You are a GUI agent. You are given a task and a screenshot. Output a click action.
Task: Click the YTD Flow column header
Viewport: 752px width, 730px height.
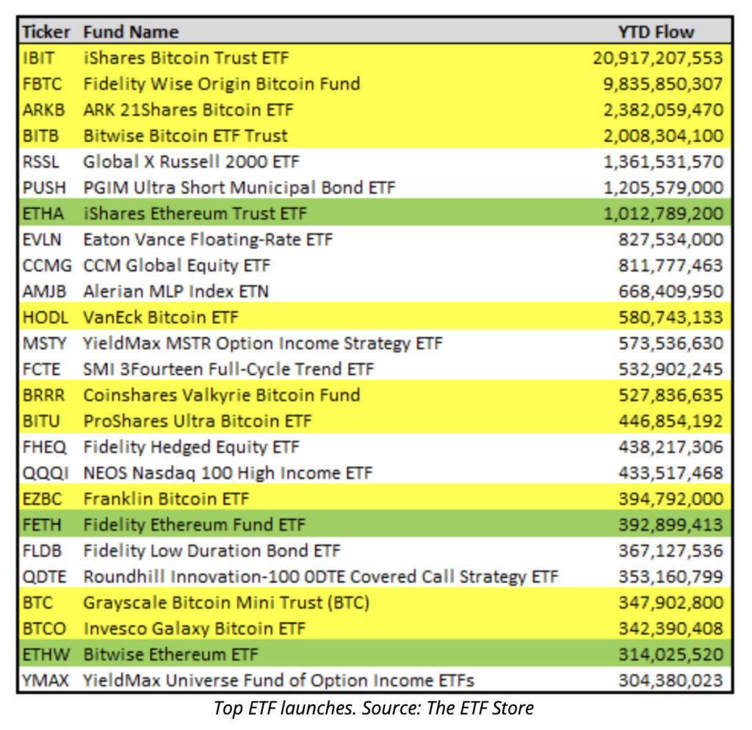tap(656, 32)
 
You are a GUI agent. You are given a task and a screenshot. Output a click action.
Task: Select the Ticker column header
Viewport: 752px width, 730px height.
tap(46, 32)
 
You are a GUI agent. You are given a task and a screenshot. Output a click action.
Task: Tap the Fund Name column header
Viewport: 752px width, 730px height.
tap(131, 32)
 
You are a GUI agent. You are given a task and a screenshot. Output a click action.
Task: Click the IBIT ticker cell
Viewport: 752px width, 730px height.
tap(38, 58)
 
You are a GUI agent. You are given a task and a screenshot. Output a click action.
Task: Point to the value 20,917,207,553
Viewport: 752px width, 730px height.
tap(658, 58)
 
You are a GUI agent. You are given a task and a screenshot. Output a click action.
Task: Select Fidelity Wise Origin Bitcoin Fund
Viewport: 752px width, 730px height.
tap(221, 84)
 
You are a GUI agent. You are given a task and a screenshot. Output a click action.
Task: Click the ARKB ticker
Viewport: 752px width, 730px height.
tap(44, 110)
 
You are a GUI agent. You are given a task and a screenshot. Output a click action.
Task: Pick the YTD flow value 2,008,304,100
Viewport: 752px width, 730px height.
tap(663, 136)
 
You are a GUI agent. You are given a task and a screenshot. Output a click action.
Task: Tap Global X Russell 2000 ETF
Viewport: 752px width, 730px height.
tap(191, 162)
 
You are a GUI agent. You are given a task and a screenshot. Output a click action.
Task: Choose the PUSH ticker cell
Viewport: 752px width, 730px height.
tap(44, 188)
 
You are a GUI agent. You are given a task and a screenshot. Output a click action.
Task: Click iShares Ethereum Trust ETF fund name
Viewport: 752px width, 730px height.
tap(195, 214)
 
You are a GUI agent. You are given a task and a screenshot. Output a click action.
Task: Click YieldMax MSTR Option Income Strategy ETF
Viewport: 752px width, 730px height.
tap(263, 343)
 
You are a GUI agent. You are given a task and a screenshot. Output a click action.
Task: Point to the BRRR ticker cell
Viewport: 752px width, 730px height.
tap(44, 396)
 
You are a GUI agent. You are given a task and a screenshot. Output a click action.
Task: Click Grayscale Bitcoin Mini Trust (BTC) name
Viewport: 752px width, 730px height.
tap(226, 603)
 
